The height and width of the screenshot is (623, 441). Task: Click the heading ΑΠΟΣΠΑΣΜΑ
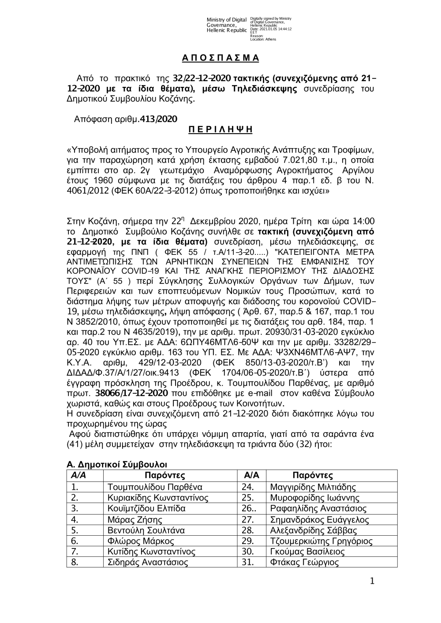(x=220, y=58)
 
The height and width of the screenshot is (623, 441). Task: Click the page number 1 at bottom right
(x=372, y=582)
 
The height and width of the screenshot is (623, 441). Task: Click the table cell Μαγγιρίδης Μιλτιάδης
(x=313, y=487)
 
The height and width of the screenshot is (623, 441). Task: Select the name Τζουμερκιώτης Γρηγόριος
(x=321, y=541)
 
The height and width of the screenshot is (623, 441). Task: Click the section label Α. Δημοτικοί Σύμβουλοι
(x=117, y=464)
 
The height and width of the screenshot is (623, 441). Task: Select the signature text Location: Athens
(x=263, y=39)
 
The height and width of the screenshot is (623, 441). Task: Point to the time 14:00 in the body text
(x=364, y=220)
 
